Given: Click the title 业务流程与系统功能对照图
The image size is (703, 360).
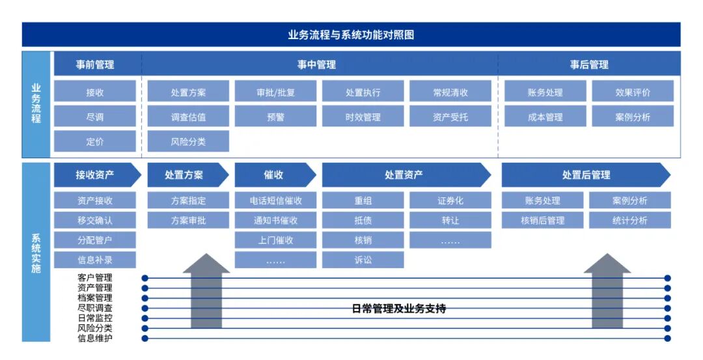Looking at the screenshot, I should click(351, 35).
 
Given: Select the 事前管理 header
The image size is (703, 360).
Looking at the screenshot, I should click(95, 64).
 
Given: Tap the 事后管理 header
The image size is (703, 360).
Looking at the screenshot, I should click(589, 64).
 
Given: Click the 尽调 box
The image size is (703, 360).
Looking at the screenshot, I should click(95, 117).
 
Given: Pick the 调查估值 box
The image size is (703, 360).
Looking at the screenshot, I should click(188, 117).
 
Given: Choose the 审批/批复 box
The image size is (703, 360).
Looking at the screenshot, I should click(275, 92).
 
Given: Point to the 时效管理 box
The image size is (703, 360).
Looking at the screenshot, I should click(363, 117).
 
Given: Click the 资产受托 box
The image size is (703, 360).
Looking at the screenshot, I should click(450, 117).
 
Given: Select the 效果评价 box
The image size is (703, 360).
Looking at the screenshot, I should click(632, 92).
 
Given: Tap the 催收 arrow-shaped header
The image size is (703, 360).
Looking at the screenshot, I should click(274, 174).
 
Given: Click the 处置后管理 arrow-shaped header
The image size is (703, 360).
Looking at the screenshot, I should click(586, 174).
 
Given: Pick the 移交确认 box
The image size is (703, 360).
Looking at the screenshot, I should click(95, 220).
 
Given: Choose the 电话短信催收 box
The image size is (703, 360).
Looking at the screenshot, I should click(275, 201).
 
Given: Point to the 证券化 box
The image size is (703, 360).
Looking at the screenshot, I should click(450, 201).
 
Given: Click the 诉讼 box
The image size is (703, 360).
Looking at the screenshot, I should click(363, 260).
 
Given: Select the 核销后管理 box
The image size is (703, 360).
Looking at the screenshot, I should click(542, 220).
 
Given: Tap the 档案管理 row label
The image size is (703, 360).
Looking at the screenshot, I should click(95, 298).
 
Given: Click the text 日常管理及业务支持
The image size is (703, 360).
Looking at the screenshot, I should click(398, 309).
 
